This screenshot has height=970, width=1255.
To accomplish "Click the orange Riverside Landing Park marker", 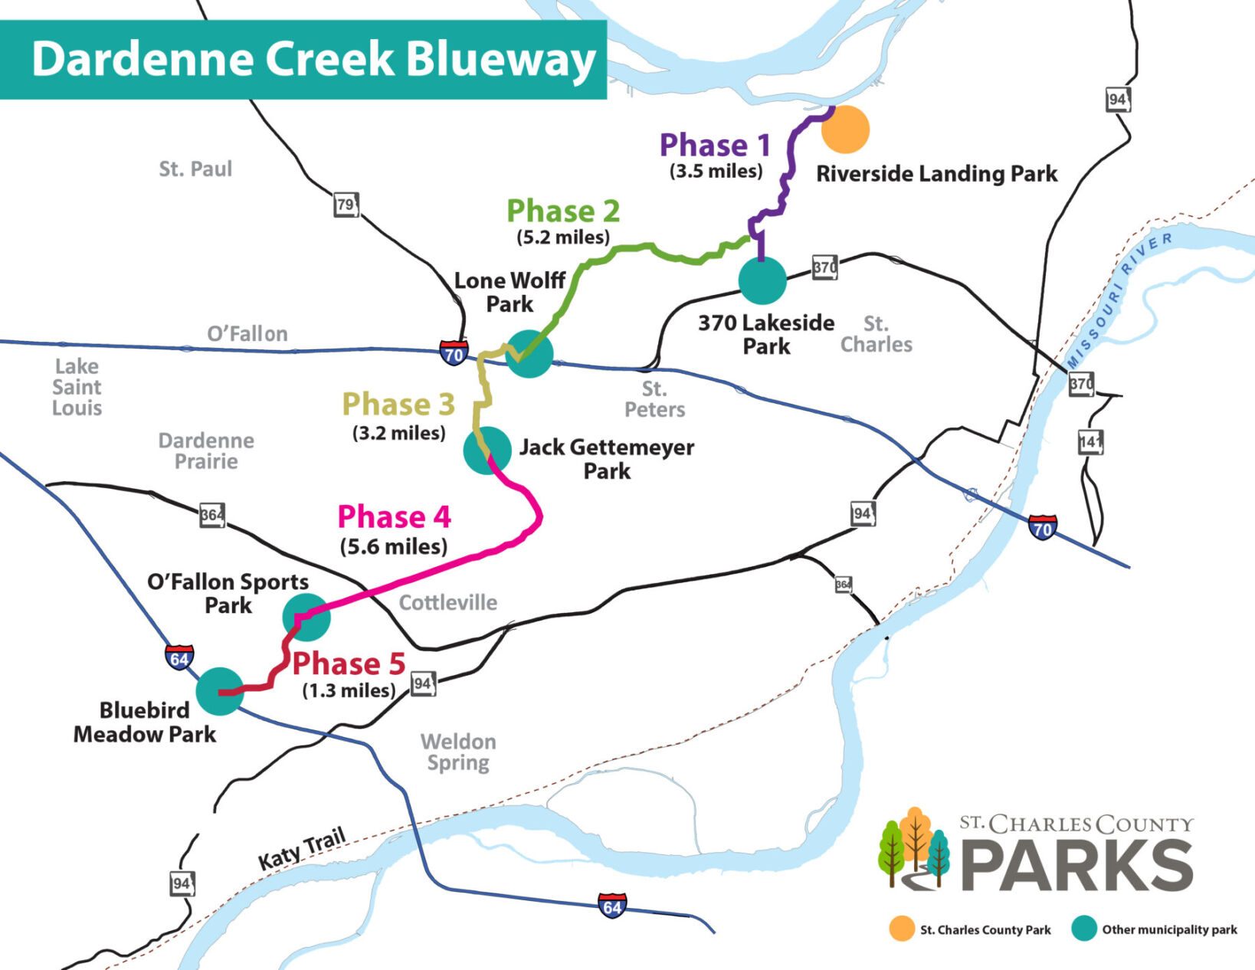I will [x=845, y=129].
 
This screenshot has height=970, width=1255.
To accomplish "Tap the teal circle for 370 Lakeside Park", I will [x=762, y=280].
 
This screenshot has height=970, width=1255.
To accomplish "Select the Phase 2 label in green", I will [x=563, y=211].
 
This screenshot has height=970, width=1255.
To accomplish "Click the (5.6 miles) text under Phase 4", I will [x=394, y=546].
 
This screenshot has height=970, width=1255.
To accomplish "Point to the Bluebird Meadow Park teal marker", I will [x=220, y=691].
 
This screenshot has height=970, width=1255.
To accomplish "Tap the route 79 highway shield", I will [x=346, y=205].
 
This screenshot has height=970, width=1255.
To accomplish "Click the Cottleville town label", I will [x=448, y=603].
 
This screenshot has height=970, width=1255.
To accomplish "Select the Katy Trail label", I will [x=302, y=849].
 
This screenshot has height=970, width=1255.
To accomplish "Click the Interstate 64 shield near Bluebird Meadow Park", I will [x=179, y=658].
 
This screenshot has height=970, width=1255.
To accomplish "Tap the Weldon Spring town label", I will [x=458, y=752].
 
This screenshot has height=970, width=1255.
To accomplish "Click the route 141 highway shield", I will [x=1090, y=442].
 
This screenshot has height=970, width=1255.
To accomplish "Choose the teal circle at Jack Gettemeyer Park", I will [x=487, y=450].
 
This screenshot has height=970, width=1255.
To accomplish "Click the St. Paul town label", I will [x=195, y=169].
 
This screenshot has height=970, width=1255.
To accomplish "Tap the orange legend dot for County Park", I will [x=902, y=929].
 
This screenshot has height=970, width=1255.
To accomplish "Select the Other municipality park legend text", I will [x=1169, y=929].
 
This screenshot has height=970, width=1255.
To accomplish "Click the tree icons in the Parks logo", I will [x=915, y=847].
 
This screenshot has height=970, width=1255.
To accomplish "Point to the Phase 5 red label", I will [x=349, y=664].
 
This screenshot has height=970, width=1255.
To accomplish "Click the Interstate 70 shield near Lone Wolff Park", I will [x=454, y=353].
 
